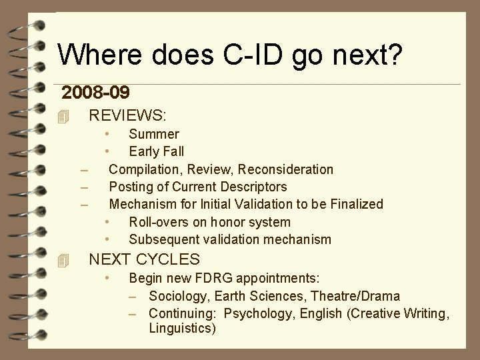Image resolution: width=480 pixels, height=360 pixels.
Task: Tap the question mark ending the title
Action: tap(395, 54)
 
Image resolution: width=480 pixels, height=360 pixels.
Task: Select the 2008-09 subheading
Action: tap(95, 92)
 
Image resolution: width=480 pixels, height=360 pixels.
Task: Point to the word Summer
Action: tap(154, 134)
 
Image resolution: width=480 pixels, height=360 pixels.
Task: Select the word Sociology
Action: tap(177, 296)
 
